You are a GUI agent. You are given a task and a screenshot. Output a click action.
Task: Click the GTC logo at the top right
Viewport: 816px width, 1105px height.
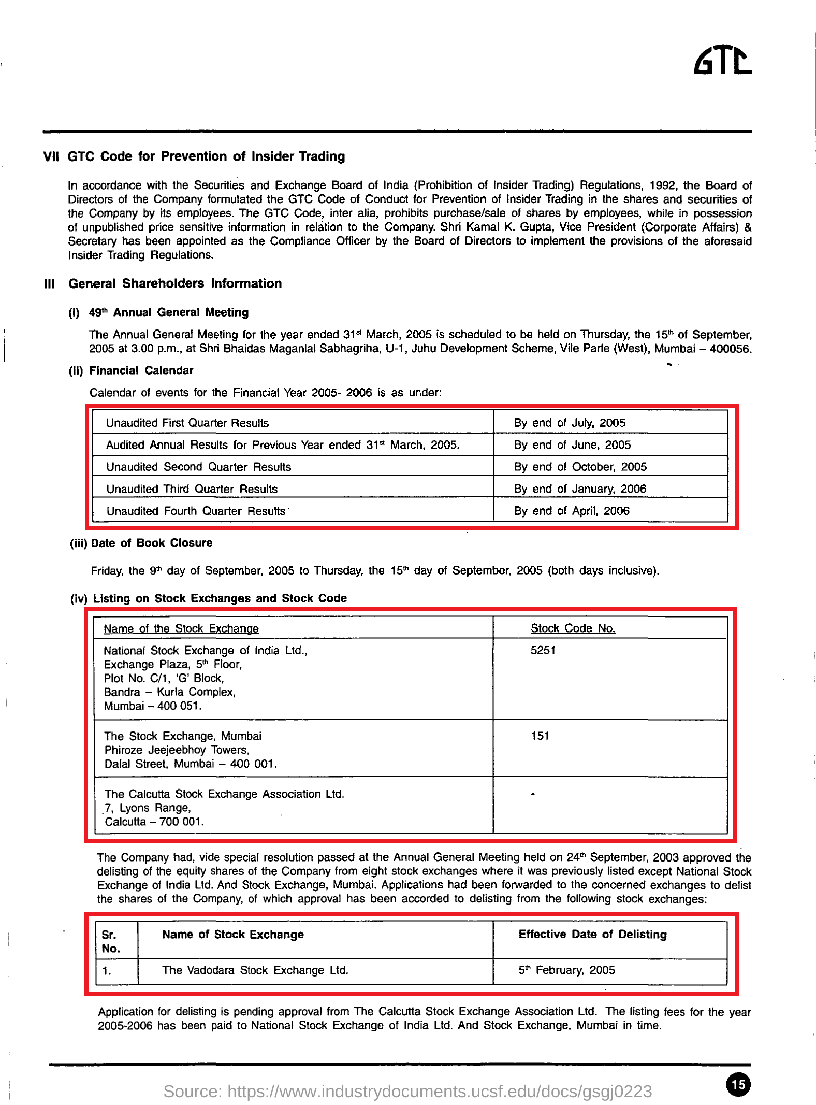722,61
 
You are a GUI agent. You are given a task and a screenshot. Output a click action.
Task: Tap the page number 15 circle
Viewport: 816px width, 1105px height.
738,1084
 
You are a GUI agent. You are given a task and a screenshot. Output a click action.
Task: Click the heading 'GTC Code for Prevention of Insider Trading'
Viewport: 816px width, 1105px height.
206,156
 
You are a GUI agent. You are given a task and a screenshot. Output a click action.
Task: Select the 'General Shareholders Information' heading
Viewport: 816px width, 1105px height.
175,283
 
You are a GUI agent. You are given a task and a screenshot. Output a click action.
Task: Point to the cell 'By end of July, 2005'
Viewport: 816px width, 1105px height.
570,423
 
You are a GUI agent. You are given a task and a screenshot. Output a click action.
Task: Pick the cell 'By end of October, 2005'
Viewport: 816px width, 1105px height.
580,467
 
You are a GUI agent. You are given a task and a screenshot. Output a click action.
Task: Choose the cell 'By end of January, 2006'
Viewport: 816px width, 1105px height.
580,489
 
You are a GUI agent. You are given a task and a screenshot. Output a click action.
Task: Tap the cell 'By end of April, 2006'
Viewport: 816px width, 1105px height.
572,511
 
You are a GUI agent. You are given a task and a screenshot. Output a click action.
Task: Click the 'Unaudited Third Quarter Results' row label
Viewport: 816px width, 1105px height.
192,489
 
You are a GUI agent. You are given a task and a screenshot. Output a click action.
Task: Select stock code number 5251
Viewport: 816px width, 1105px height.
543,650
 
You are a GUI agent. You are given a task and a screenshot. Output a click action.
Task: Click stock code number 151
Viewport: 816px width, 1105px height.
540,736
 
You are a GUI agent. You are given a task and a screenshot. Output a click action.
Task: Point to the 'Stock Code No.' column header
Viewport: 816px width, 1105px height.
573,628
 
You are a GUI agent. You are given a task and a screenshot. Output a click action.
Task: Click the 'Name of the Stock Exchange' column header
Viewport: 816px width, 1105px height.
181,629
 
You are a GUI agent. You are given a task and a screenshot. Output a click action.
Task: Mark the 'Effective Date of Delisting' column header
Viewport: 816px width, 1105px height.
592,934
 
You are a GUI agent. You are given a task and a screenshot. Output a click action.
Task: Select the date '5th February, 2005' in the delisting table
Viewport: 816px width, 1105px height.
566,970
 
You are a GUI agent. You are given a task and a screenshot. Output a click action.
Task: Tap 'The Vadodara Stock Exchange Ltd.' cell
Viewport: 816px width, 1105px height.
255,970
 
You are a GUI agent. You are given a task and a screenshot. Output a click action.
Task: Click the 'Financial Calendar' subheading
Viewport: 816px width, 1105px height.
141,370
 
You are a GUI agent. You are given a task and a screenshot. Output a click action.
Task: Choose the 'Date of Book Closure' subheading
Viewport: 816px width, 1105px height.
151,543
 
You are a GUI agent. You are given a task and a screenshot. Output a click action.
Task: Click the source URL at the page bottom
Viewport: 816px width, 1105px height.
407,1092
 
